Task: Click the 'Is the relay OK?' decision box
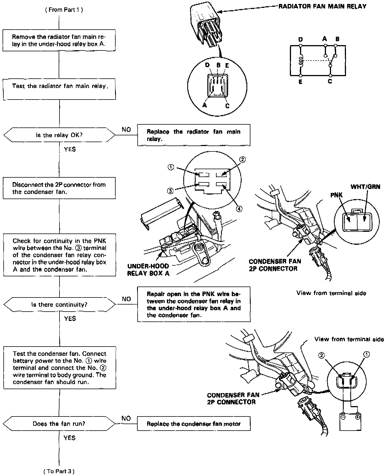[x=59, y=135]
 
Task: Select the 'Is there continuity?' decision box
[x=59, y=305]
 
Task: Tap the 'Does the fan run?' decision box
[x=59, y=424]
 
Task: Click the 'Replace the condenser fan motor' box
[x=194, y=424]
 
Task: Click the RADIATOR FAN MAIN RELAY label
[x=322, y=6]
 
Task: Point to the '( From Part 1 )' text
[x=64, y=10]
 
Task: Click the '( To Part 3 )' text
[x=59, y=471]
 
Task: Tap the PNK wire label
[x=336, y=195]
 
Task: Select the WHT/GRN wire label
[x=365, y=187]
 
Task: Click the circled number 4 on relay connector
[x=239, y=209]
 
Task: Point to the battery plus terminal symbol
[x=358, y=417]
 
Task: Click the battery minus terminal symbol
[x=343, y=417]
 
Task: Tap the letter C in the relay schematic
[x=330, y=81]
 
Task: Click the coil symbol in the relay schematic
[x=301, y=60]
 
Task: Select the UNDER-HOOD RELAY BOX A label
[x=148, y=270]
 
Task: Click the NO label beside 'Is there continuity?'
[x=126, y=299]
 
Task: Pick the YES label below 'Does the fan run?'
[x=69, y=438]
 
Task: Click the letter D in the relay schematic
[x=301, y=39]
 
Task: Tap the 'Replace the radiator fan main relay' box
[x=194, y=135]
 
